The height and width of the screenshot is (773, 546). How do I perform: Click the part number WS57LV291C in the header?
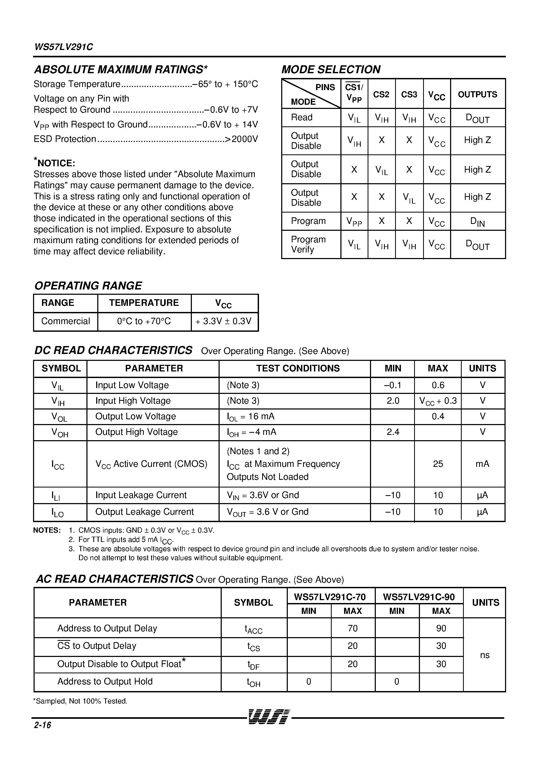[64, 47]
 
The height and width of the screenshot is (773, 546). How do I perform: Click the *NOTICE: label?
[54, 163]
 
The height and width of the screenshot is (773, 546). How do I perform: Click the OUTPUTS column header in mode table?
[477, 94]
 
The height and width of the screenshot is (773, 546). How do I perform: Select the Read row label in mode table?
[302, 117]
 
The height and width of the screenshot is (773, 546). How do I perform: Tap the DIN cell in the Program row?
[477, 222]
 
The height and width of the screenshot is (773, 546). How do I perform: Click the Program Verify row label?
[308, 245]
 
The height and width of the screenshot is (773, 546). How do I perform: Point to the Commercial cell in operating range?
[66, 321]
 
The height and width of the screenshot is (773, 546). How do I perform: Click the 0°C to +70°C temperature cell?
[144, 321]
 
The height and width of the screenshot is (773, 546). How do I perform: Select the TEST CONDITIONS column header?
[298, 368]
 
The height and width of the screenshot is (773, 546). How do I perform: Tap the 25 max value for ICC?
[438, 464]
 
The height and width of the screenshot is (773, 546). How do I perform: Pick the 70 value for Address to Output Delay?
[353, 628]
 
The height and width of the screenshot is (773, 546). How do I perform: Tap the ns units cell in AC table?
[484, 655]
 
